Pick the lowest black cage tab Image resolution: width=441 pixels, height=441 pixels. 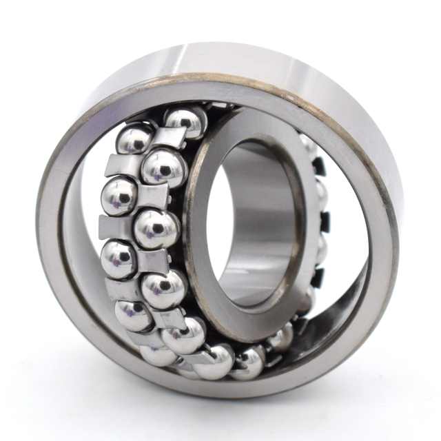(x=318, y=277)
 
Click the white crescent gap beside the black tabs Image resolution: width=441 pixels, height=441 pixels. (x=345, y=227)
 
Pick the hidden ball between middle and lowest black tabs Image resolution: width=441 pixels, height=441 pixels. (x=320, y=250)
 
